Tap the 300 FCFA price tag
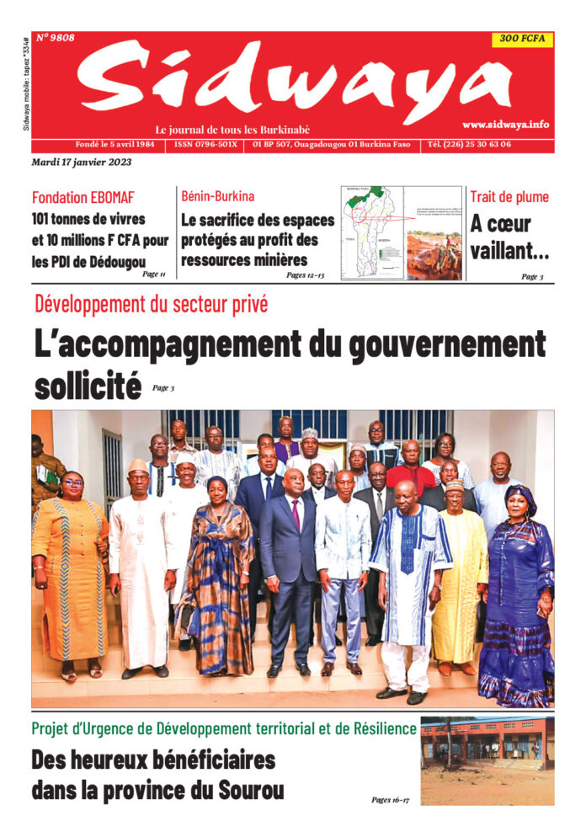pyautogui.click(x=522, y=40)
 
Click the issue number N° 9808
pyautogui.click(x=56, y=38)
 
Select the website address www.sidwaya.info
pyautogui.click(x=505, y=124)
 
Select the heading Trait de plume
pyautogui.click(x=509, y=197)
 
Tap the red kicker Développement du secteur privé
pyautogui.click(x=151, y=304)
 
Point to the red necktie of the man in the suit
pyautogui.click(x=296, y=513)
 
